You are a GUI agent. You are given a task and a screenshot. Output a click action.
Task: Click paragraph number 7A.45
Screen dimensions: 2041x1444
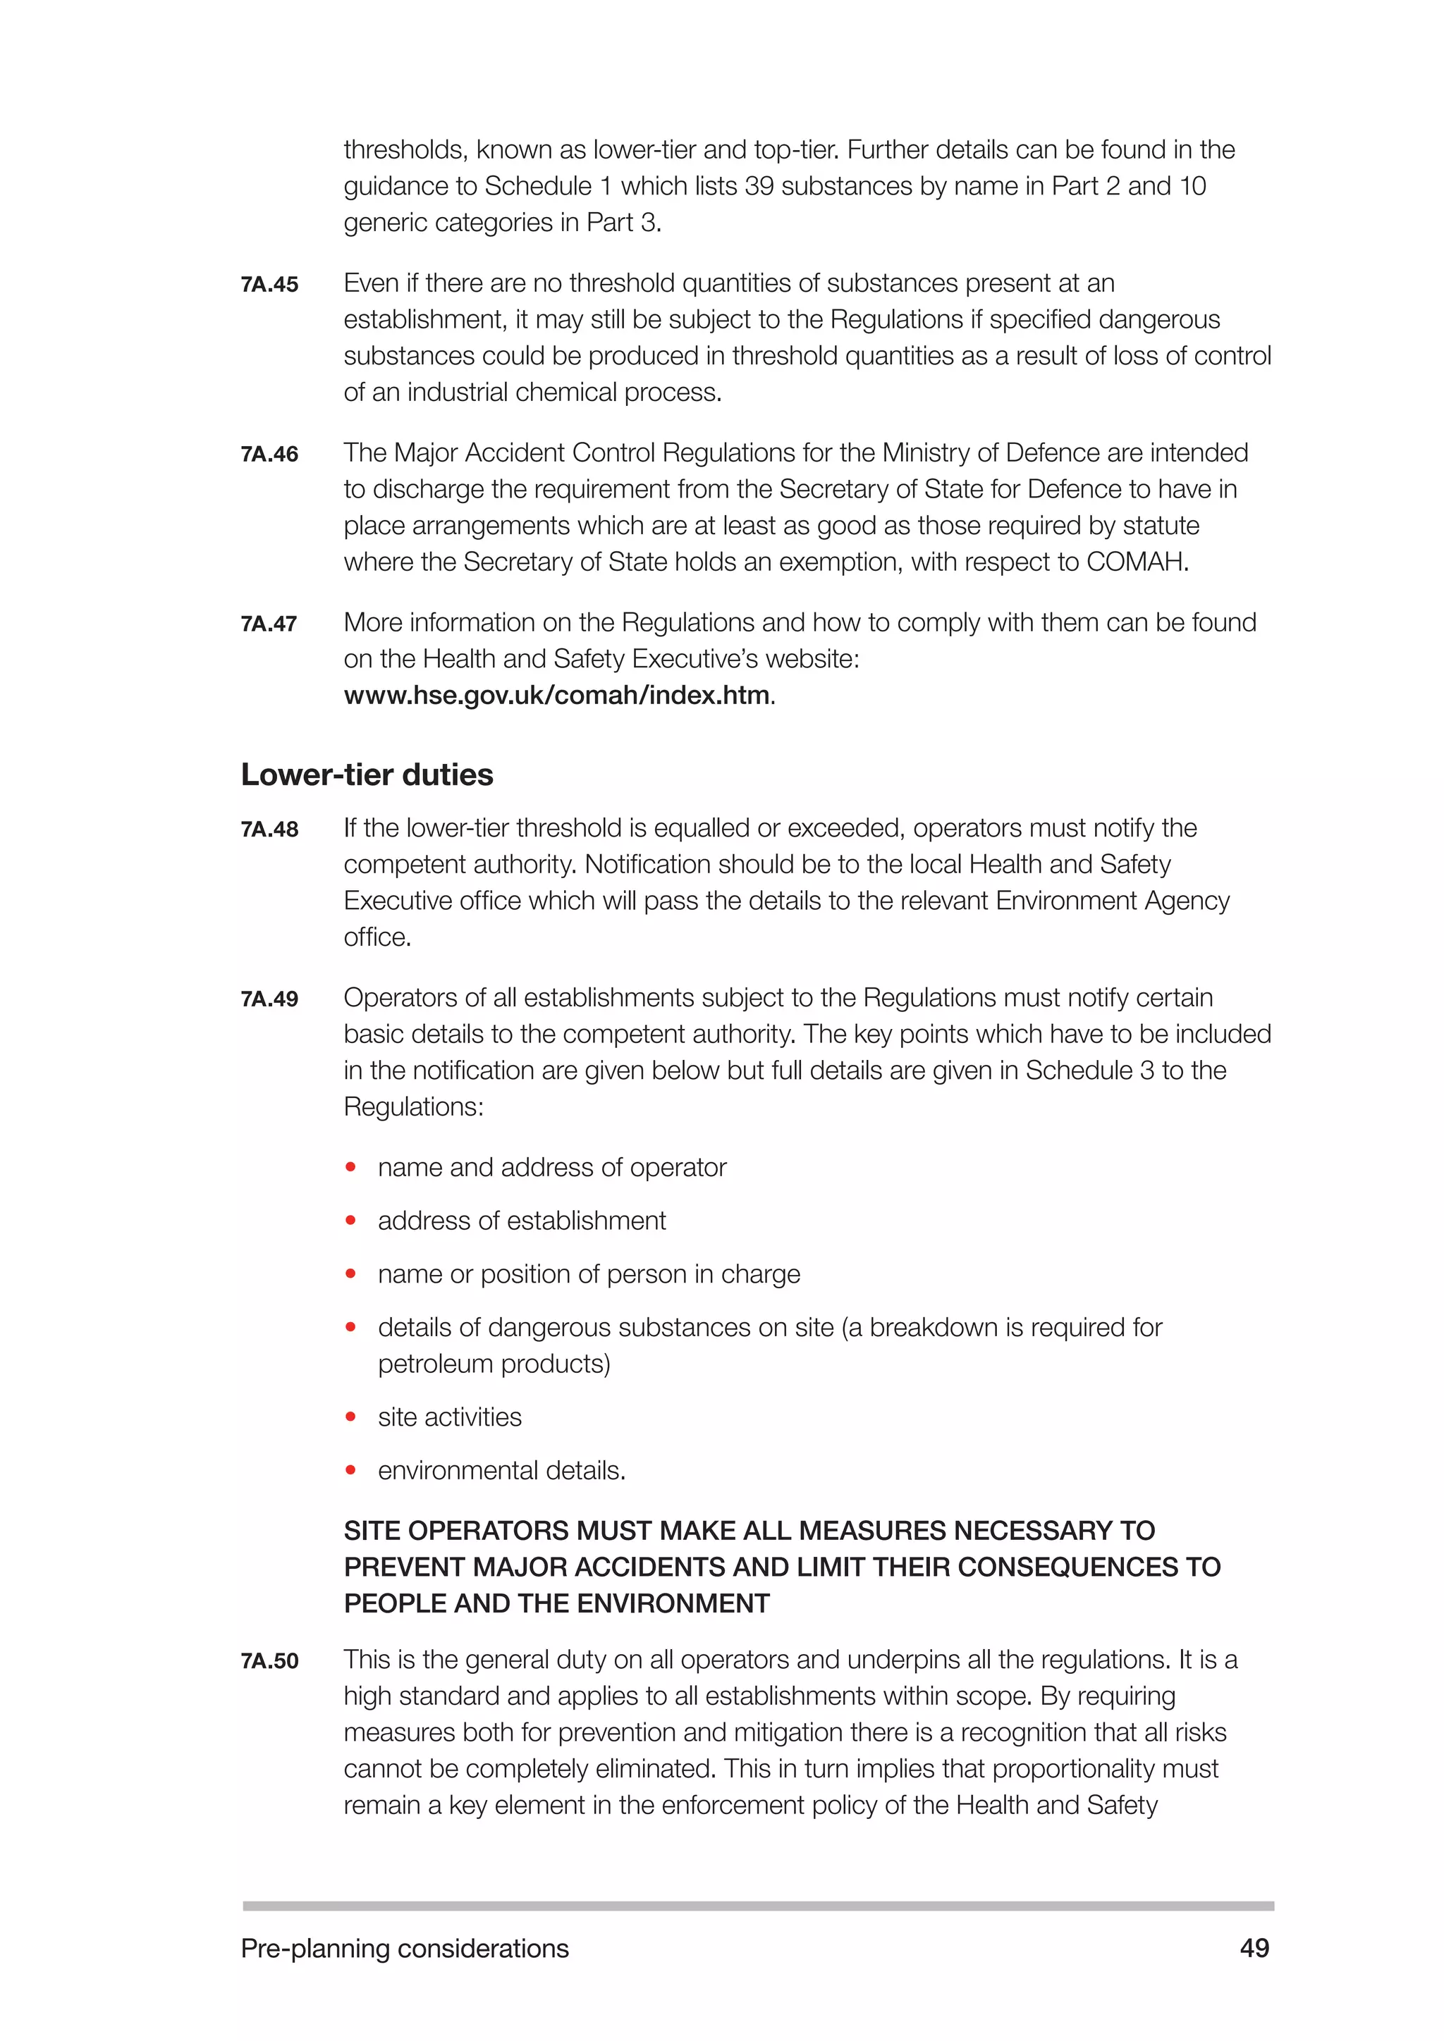point(269,285)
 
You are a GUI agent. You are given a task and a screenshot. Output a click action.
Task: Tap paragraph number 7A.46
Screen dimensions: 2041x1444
point(269,455)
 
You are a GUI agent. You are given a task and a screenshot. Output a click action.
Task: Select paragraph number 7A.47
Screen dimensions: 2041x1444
point(269,624)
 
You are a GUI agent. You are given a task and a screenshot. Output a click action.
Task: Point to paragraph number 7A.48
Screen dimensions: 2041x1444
point(269,830)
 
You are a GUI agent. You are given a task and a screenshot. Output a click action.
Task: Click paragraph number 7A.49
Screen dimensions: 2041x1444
point(269,999)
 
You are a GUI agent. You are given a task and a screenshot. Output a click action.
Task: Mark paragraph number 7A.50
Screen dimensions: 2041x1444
point(269,1660)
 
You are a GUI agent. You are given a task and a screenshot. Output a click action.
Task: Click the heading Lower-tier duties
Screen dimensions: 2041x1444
point(367,775)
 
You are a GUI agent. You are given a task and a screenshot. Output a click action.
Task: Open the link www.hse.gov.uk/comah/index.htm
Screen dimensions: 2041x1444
point(556,695)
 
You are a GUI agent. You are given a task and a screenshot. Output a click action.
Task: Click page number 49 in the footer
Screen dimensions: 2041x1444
point(1254,1948)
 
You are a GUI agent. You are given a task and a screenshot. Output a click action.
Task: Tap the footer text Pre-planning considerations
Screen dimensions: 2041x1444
point(405,1948)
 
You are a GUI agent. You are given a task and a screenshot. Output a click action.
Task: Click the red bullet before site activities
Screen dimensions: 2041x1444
point(351,1417)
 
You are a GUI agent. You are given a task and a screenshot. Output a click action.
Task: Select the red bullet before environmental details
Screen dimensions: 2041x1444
point(351,1470)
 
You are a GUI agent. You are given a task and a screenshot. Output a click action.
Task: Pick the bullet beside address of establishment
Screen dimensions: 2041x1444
point(351,1221)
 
